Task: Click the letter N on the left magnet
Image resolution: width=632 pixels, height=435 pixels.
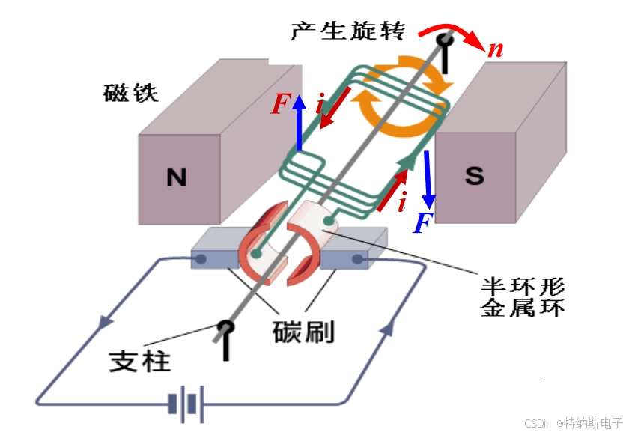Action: click(x=176, y=177)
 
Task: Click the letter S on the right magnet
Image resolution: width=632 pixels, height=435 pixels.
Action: click(x=475, y=175)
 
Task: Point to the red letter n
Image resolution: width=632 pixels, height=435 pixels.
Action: click(x=495, y=50)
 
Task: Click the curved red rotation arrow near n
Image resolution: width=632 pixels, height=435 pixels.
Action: click(x=454, y=34)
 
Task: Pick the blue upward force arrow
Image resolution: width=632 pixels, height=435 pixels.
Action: click(x=299, y=123)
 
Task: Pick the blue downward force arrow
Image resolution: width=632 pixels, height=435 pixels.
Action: click(x=428, y=180)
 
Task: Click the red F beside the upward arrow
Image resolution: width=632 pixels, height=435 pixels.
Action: click(x=279, y=105)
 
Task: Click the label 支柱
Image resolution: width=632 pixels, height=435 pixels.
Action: click(x=140, y=361)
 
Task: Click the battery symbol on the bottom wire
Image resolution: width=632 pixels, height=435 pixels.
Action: click(x=185, y=405)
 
